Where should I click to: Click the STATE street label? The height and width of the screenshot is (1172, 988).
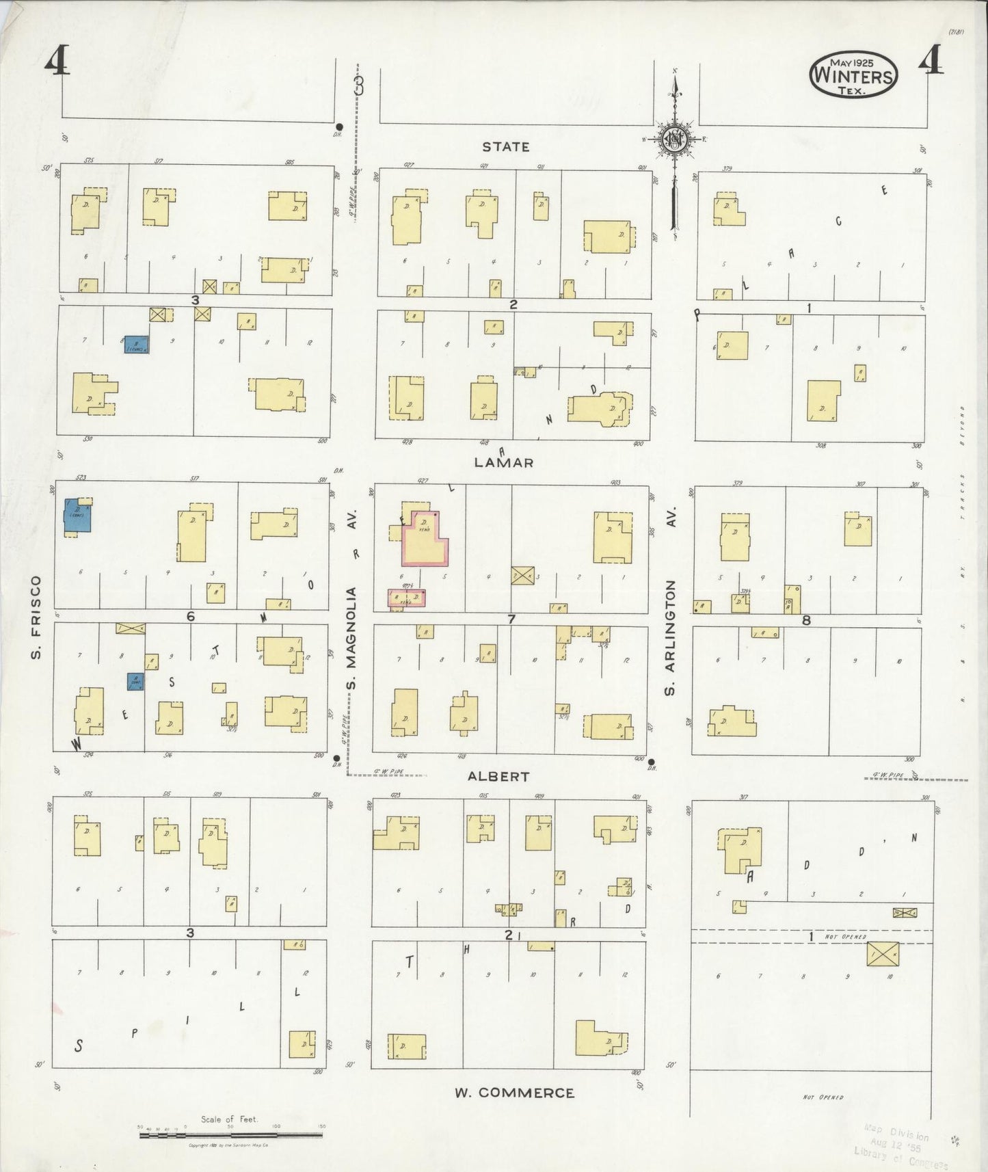coord(505,146)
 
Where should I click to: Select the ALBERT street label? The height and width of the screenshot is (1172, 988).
coord(498,776)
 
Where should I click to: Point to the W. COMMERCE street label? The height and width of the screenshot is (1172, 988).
coord(515,1093)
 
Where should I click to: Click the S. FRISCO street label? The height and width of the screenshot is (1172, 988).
coord(36,618)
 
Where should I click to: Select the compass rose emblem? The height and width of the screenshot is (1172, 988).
coord(676,139)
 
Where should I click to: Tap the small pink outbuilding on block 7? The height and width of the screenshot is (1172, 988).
coord(407,598)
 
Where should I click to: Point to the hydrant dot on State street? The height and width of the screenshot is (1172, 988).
coord(339,126)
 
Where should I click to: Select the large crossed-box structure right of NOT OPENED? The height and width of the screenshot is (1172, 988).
coord(882,953)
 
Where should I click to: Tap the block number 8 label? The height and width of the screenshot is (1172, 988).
coord(807,620)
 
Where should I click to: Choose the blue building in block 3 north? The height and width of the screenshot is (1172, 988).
coord(137,345)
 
